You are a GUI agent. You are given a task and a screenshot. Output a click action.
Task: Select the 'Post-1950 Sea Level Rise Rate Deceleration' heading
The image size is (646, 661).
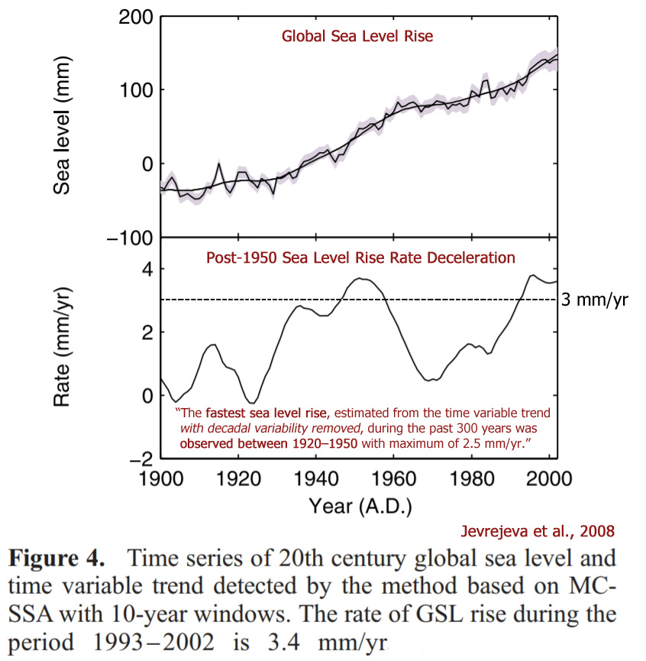[360, 258]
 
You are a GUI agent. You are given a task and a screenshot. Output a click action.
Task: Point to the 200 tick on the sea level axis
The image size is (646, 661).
[135, 16]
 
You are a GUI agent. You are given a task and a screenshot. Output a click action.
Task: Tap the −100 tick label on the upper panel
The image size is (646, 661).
[128, 237]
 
